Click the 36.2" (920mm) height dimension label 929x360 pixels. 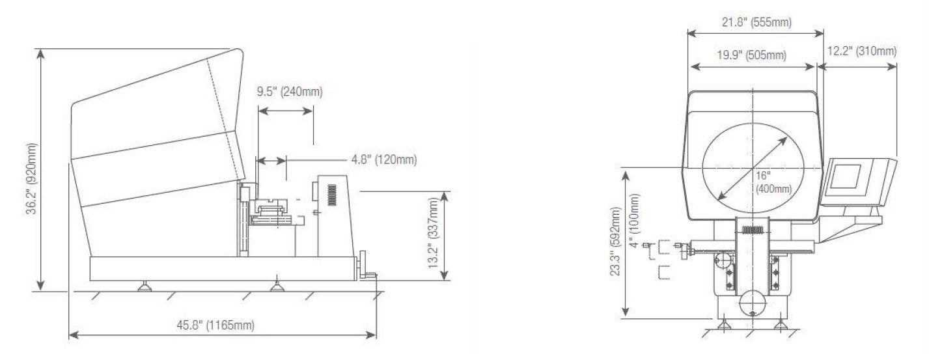pos(31,179)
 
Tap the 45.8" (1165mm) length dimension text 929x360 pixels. pos(215,325)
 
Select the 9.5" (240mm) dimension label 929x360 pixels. pos(290,92)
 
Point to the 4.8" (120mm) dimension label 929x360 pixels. pos(384,159)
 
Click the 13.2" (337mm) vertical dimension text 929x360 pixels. pos(433,232)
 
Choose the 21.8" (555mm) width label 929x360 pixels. pos(757,22)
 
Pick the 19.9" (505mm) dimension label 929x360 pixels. pos(752,55)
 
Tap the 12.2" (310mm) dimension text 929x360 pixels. pos(862,51)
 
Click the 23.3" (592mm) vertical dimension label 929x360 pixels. pos(615,242)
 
